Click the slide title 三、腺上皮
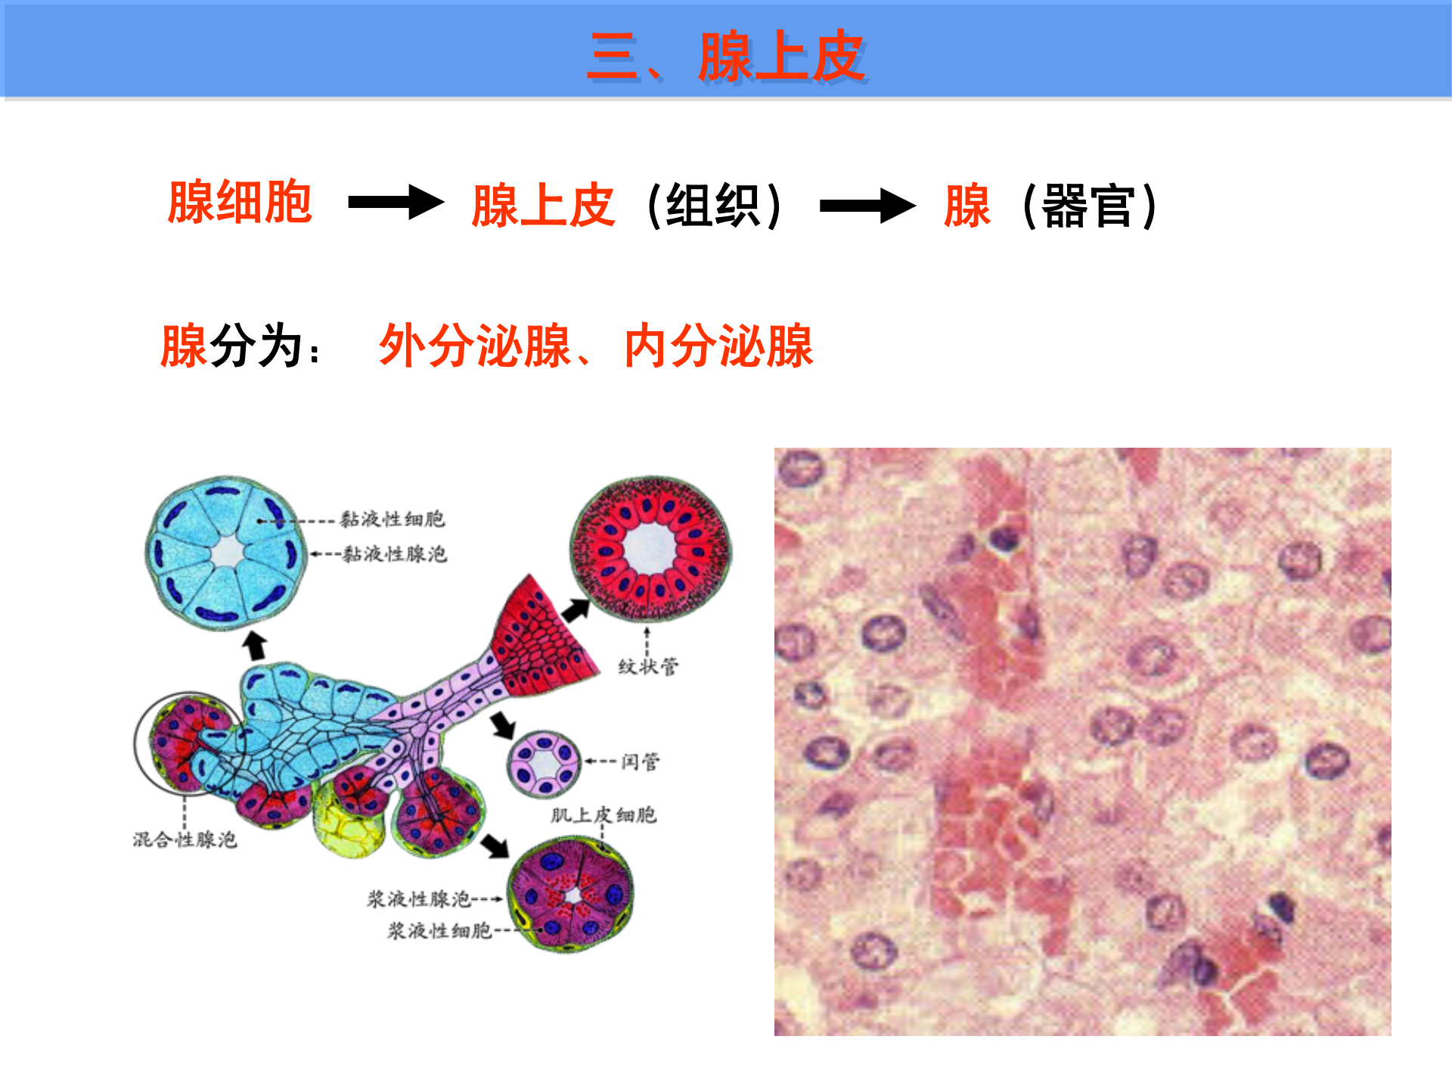click(726, 57)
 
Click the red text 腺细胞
click(240, 203)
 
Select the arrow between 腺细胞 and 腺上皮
click(396, 203)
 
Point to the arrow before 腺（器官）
click(867, 206)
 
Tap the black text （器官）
click(1088, 206)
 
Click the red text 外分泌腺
click(475, 346)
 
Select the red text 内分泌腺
click(718, 346)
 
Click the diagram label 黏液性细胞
click(392, 520)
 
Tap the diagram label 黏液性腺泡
click(394, 554)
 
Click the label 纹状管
click(648, 667)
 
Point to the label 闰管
click(640, 762)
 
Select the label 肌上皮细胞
click(603, 815)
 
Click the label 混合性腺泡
click(185, 839)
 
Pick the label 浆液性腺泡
click(419, 899)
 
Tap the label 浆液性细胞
click(439, 931)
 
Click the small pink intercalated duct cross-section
click(544, 764)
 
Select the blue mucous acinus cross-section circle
click(226, 552)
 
